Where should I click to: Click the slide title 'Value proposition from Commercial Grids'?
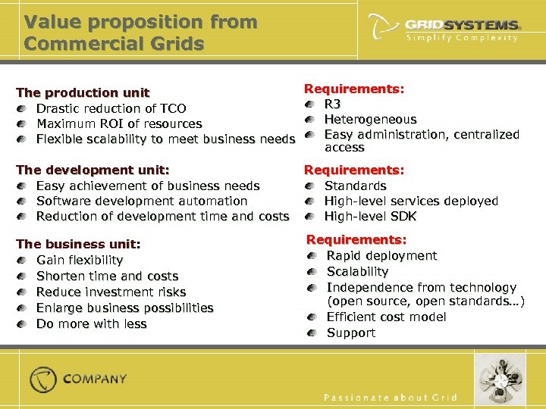pyautogui.click(x=140, y=32)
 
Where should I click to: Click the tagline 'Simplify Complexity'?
pyautogui.click(x=463, y=38)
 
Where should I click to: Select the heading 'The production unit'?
pyautogui.click(x=83, y=92)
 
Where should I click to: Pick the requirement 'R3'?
pyautogui.click(x=332, y=104)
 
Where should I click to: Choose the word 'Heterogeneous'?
pyautogui.click(x=370, y=119)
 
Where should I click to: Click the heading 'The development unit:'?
pyautogui.click(x=93, y=170)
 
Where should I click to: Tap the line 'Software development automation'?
pyautogui.click(x=142, y=201)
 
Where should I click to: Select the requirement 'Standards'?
pyautogui.click(x=355, y=186)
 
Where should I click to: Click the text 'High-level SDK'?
pyautogui.click(x=370, y=217)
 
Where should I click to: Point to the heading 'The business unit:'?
pyautogui.click(x=78, y=244)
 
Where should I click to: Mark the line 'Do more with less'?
pyautogui.click(x=91, y=323)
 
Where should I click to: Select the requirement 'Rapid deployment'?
pyautogui.click(x=381, y=256)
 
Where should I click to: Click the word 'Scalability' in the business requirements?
pyautogui.click(x=357, y=271)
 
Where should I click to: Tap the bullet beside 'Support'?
pyautogui.click(x=312, y=333)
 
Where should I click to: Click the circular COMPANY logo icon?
pyautogui.click(x=43, y=379)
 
